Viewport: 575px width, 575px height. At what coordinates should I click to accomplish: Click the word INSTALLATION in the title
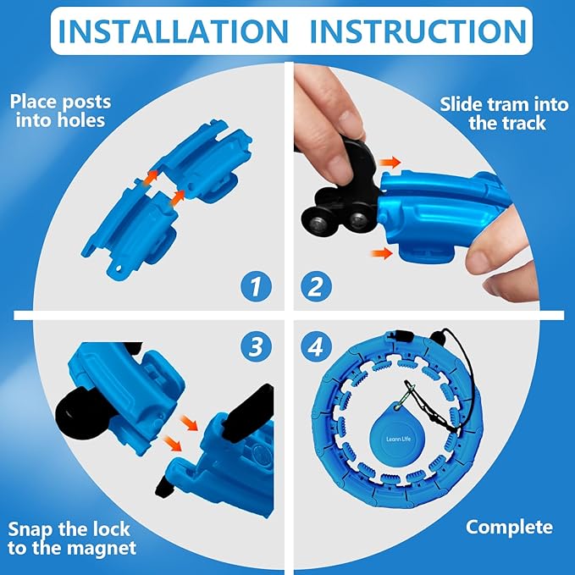tap(173, 31)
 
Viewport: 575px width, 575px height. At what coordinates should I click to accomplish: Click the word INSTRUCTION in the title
tap(418, 31)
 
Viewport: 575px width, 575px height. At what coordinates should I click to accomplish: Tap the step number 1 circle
tap(256, 286)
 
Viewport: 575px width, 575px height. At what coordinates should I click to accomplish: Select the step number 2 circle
tap(316, 286)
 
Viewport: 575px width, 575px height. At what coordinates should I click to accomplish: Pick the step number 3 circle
tap(256, 346)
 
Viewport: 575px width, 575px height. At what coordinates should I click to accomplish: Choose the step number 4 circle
tap(316, 346)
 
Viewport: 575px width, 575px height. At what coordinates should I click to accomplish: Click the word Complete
tap(509, 528)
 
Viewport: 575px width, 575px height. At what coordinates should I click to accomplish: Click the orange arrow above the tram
tap(390, 162)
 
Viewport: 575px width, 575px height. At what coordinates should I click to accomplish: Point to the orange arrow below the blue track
tap(382, 253)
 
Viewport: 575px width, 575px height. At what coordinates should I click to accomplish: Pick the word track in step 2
tap(526, 123)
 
